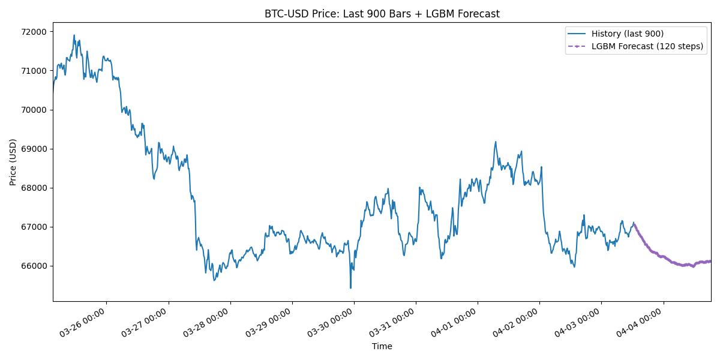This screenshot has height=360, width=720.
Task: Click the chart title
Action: click(382, 14)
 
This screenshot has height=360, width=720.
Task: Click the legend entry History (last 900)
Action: click(627, 34)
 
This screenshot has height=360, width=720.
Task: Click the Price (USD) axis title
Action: click(13, 162)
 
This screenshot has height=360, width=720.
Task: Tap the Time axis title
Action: click(382, 346)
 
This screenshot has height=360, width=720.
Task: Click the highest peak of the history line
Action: click(74, 35)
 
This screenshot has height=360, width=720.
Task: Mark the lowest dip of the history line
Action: click(350, 288)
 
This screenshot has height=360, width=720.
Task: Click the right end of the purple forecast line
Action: click(710, 261)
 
